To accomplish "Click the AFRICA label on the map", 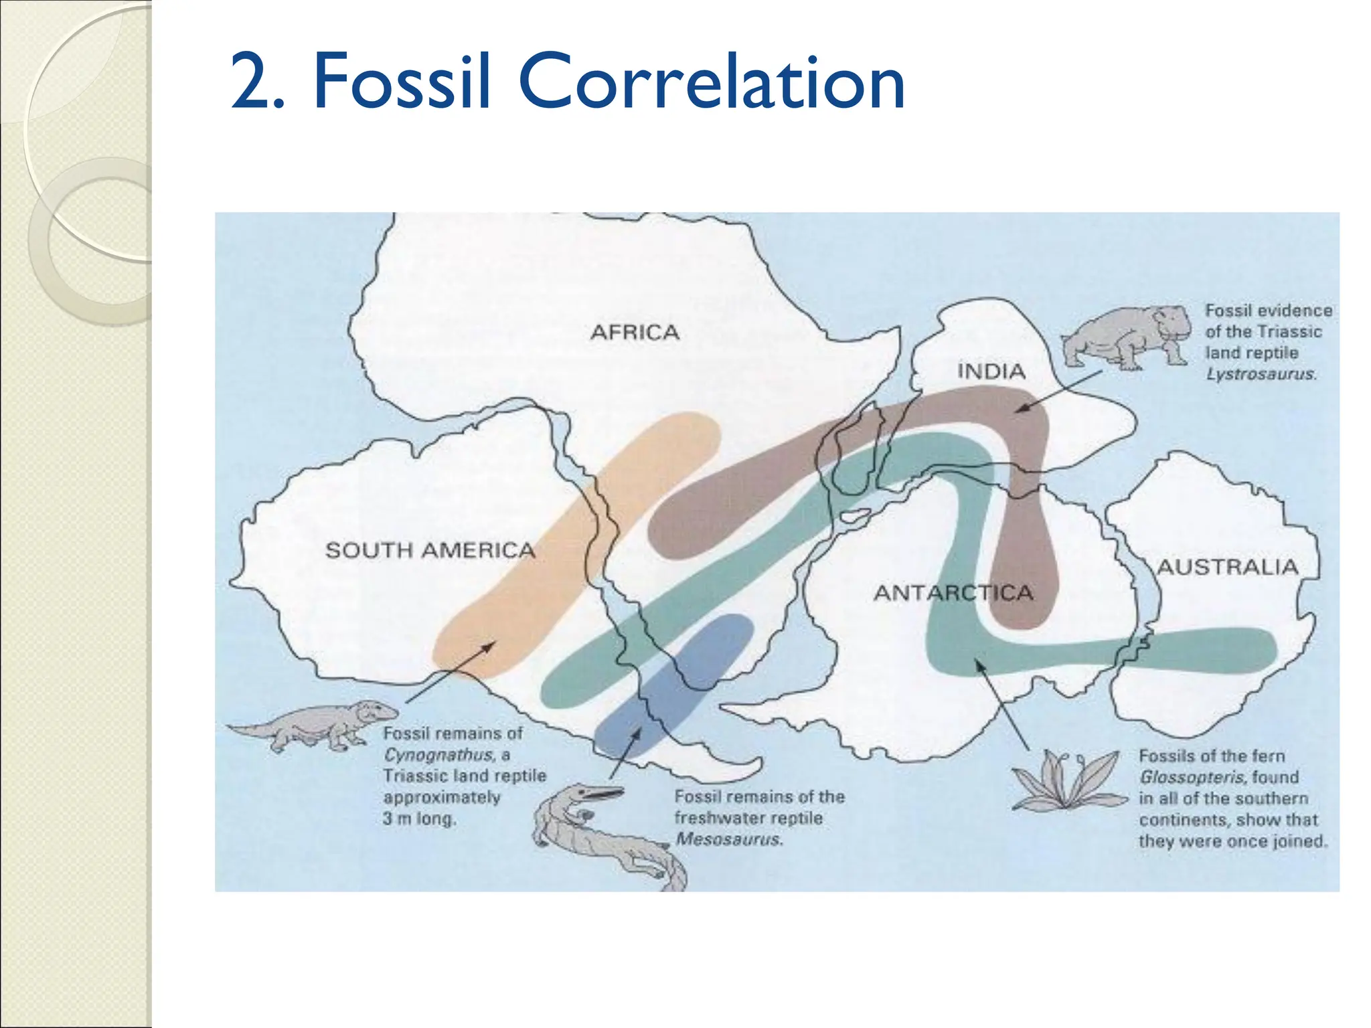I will pyautogui.click(x=635, y=332).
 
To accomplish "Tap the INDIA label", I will pyautogui.click(x=991, y=371).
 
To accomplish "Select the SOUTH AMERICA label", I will pyautogui.click(x=430, y=550).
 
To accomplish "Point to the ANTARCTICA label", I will pyautogui.click(x=953, y=592).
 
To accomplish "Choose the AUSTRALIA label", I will pyautogui.click(x=1228, y=568).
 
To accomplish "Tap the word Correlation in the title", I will pyautogui.click(x=711, y=82).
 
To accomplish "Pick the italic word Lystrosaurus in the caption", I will pyautogui.click(x=1261, y=374).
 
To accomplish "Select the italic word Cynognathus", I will pyautogui.click(x=438, y=755).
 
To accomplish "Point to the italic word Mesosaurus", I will pyautogui.click(x=728, y=839).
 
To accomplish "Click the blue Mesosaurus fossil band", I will pyautogui.click(x=676, y=683).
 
